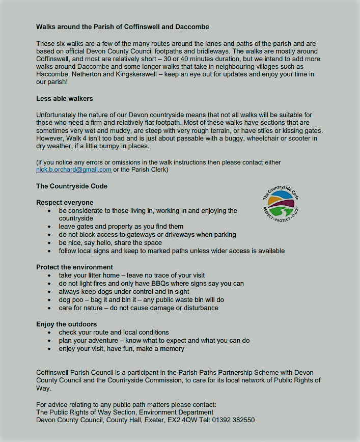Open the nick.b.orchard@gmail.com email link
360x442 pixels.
74,170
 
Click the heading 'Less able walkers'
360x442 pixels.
65,98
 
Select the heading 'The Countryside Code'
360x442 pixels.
72,186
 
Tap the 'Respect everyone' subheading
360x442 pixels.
65,202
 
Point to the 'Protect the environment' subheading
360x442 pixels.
74,267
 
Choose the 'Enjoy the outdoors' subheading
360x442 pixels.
66,324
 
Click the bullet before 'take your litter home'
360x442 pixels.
48,275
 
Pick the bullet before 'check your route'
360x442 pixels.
48,333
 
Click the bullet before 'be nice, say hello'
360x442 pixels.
48,243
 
